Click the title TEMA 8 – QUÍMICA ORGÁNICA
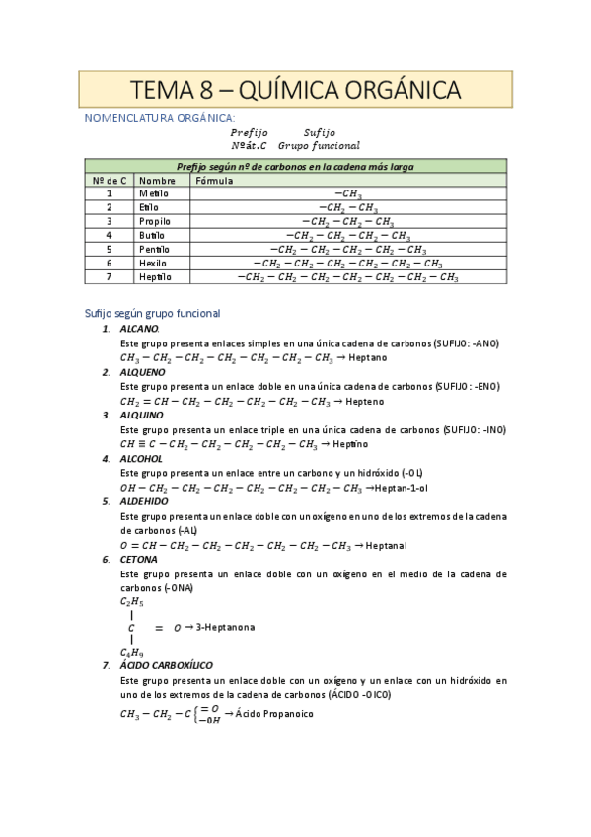point(295,91)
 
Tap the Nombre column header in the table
point(157,181)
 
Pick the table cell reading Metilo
point(154,194)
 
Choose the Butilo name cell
point(154,236)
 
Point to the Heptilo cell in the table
point(156,277)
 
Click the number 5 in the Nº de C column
point(109,250)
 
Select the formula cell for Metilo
point(348,194)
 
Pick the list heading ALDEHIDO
point(144,501)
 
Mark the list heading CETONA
point(138,559)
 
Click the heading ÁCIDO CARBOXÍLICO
point(174,666)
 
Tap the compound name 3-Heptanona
point(225,627)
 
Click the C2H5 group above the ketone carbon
point(131,601)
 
